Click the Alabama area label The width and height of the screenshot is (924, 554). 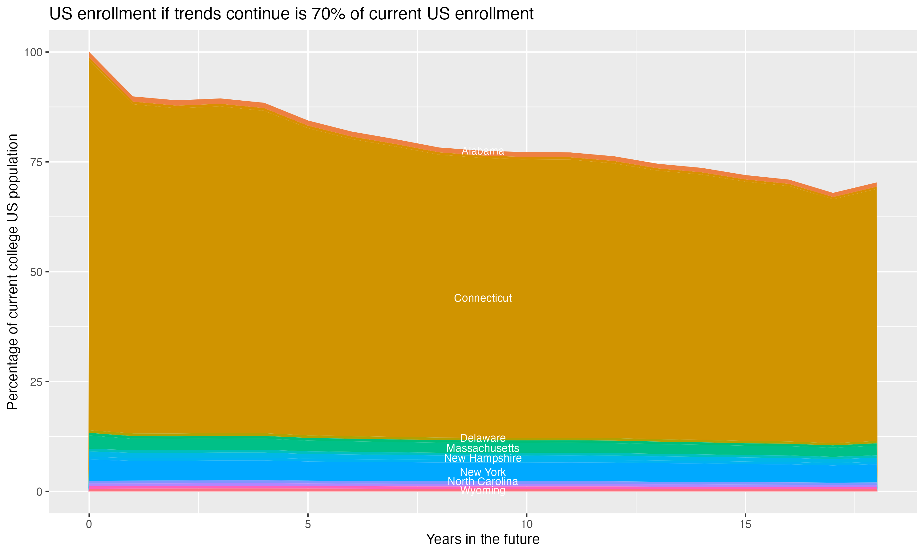[483, 151]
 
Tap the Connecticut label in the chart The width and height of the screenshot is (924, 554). [483, 298]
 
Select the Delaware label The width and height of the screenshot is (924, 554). [483, 438]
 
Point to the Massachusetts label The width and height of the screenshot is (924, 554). [483, 448]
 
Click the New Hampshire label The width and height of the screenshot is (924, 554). [483, 458]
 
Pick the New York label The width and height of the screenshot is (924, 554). [483, 472]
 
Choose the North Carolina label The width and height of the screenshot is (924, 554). [483, 482]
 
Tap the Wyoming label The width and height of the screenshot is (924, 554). [483, 491]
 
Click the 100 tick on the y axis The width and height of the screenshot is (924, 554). [33, 52]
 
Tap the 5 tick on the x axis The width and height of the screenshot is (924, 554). [308, 524]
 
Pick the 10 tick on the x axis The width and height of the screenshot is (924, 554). [526, 524]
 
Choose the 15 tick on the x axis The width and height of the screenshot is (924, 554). [745, 524]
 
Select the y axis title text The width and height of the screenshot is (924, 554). [13, 271]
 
